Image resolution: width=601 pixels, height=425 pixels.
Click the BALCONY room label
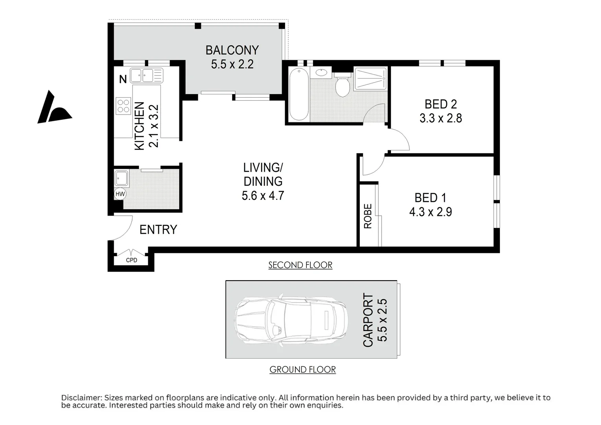pos(232,50)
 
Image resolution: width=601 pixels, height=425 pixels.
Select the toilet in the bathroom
pos(343,87)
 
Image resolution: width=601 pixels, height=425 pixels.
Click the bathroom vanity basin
pos(321,73)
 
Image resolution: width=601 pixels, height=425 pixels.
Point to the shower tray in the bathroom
pos(370,79)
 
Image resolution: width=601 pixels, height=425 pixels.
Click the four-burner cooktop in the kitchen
pos(123,105)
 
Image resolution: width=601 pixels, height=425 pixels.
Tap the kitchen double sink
pos(142,75)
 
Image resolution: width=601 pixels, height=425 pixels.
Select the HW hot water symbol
pos(120,194)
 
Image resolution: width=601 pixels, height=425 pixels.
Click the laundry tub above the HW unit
pos(122,178)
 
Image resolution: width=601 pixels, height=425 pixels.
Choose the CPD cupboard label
pos(131,260)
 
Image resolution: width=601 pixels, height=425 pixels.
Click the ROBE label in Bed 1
pos(368,216)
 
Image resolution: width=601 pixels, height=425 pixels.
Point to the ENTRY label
pos(158,229)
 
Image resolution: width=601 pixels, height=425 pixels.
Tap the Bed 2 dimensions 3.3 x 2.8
pos(441,118)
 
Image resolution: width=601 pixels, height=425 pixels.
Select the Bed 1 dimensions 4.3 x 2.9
pos(430,212)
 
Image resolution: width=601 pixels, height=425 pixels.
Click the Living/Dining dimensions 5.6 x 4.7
pos(263,196)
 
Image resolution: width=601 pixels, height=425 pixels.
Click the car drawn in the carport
pos(291,319)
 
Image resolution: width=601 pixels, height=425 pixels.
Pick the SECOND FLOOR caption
pos(300,265)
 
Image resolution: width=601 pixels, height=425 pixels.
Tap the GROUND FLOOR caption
pos(302,370)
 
